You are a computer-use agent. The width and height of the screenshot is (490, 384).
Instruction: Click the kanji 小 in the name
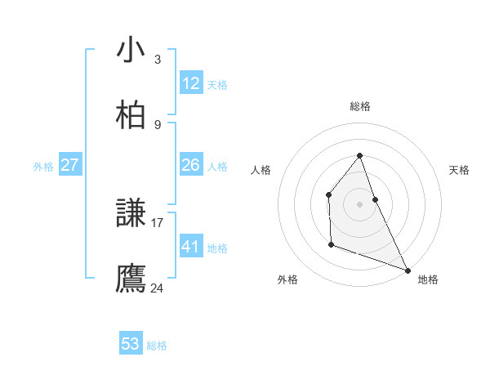coord(131,50)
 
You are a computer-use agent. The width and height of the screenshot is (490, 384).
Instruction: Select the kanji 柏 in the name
coord(131,115)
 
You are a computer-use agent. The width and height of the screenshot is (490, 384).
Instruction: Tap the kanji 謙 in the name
coord(131,214)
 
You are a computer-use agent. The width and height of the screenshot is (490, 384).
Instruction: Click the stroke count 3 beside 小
coord(157,59)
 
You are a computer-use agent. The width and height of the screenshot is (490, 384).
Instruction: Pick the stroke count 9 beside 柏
coord(157,124)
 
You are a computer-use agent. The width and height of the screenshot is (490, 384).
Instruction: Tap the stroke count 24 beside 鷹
coord(158,288)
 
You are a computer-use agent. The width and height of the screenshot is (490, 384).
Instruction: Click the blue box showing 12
coord(191,83)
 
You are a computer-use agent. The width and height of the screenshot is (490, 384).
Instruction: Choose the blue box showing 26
coord(191,165)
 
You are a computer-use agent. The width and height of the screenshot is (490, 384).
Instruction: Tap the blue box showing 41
coord(191,247)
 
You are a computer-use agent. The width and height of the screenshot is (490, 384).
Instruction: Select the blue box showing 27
coord(69,165)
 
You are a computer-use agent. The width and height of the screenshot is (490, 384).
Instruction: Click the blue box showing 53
coord(131,344)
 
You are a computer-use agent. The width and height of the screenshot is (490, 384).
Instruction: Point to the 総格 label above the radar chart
coord(359,106)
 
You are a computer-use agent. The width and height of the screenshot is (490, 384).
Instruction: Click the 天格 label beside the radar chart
coord(460,170)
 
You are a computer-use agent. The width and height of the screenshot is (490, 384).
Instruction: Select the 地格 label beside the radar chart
coord(428,279)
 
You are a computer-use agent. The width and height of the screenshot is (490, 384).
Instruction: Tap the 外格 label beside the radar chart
coord(287,279)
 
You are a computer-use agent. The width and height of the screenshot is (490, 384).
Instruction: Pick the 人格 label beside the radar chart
coord(261,170)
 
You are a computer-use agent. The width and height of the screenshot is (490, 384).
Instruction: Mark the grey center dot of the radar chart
coord(359,203)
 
